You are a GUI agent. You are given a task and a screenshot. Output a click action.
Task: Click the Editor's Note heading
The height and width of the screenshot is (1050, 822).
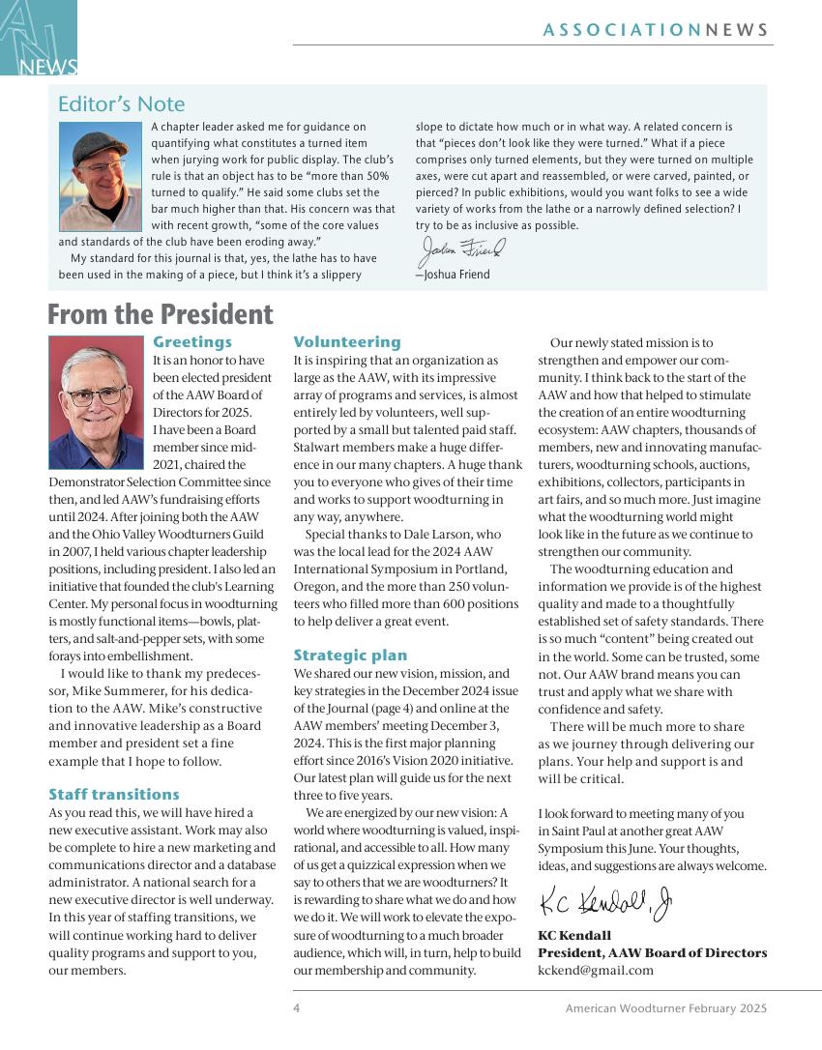[121, 104]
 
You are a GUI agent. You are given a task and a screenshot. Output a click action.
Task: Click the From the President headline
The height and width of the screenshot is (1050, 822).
[161, 315]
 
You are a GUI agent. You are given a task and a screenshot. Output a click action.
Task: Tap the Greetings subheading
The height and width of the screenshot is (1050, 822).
[192, 342]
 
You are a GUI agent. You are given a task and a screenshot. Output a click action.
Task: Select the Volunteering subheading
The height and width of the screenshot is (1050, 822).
[346, 342]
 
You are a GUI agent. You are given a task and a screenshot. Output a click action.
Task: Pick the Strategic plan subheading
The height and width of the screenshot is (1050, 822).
[350, 656]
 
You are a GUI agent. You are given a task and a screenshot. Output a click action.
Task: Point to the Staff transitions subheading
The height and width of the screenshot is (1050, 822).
[114, 795]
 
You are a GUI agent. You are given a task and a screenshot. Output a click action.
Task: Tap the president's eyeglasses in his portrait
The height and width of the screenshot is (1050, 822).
[96, 395]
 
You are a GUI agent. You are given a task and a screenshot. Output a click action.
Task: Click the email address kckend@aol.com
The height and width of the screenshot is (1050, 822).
[596, 971]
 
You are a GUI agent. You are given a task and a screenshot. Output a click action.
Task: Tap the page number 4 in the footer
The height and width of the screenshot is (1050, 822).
[297, 1008]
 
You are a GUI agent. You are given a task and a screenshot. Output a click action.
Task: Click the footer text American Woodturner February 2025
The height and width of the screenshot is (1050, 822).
[666, 1008]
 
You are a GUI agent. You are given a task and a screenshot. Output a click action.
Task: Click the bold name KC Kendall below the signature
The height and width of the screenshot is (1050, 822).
[574, 936]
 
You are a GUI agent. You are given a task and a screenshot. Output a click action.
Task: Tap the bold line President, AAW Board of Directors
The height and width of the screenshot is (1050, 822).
[652, 953]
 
